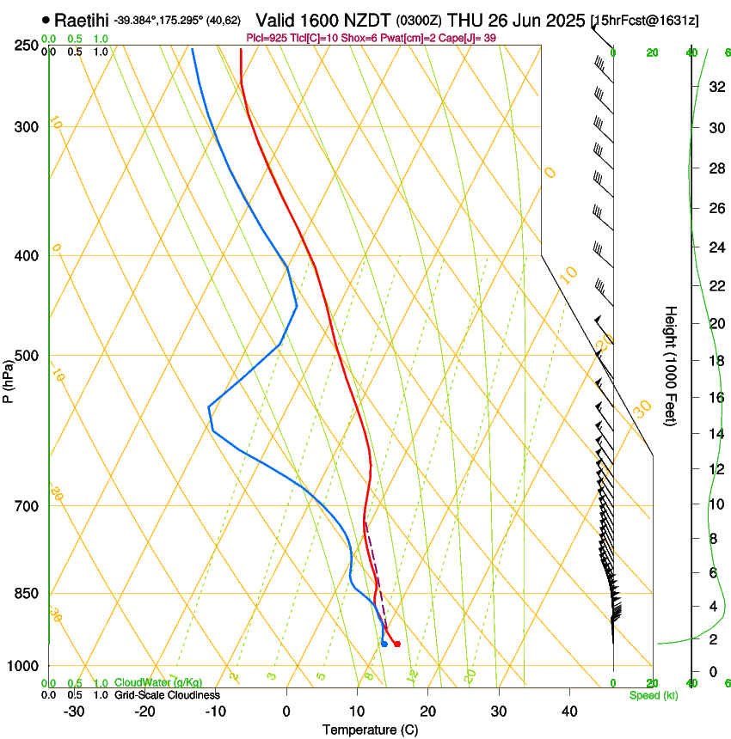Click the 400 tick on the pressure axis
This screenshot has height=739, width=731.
[x=26, y=256]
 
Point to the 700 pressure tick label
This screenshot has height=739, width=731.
[x=26, y=506]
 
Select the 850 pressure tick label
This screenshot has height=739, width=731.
[x=26, y=594]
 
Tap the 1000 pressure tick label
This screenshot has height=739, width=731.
[x=23, y=666]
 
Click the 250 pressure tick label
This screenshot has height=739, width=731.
[x=26, y=45]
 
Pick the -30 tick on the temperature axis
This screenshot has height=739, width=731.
[x=74, y=712]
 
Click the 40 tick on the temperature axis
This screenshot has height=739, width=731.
[x=568, y=712]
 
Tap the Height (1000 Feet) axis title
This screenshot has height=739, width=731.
[x=671, y=365]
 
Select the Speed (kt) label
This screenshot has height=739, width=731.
[x=653, y=695]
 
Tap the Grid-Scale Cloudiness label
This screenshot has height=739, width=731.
[x=167, y=695]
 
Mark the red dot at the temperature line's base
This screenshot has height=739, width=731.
[x=396, y=644]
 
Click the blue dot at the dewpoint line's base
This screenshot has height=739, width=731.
[x=384, y=644]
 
